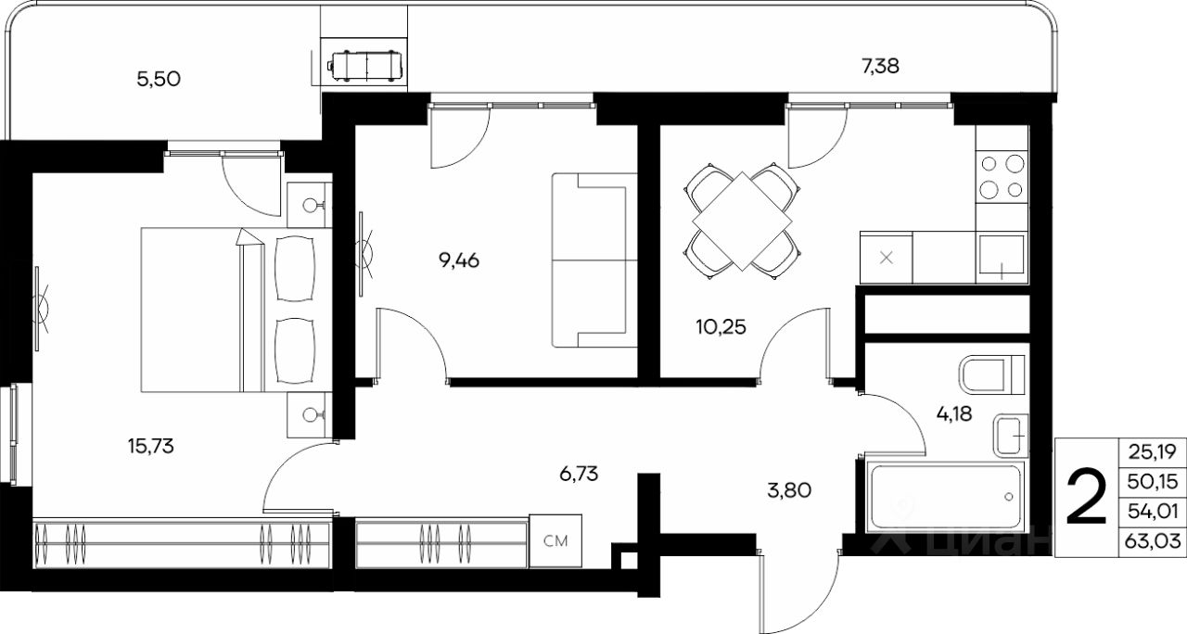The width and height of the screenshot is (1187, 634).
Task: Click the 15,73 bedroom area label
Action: click(151, 447)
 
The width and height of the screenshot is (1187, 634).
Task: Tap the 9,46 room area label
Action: click(459, 260)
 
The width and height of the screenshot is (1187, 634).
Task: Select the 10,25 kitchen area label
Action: click(721, 327)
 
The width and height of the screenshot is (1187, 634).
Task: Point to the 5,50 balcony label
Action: click(159, 80)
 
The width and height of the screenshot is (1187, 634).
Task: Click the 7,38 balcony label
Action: click(880, 67)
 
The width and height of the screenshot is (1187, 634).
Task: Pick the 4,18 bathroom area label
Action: click(954, 413)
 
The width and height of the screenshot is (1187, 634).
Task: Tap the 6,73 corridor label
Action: click(579, 474)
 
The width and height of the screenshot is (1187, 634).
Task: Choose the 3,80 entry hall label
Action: click(789, 490)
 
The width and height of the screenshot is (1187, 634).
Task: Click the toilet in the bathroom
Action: click(992, 374)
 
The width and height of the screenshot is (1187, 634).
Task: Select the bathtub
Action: click(945, 497)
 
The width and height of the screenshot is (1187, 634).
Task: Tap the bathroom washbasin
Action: click(1011, 436)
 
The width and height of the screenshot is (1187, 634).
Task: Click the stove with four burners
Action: click(1002, 176)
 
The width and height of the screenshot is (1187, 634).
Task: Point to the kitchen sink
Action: click(1001, 258)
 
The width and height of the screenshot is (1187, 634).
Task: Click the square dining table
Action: click(743, 221)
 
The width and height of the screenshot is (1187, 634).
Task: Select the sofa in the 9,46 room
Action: click(594, 260)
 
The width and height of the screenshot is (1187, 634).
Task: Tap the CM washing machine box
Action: click(555, 540)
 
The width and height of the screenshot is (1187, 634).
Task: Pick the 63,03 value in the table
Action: click(1152, 541)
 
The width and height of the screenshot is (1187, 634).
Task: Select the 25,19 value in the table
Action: click(1152, 451)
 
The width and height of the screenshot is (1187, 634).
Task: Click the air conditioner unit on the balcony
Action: click(365, 66)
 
